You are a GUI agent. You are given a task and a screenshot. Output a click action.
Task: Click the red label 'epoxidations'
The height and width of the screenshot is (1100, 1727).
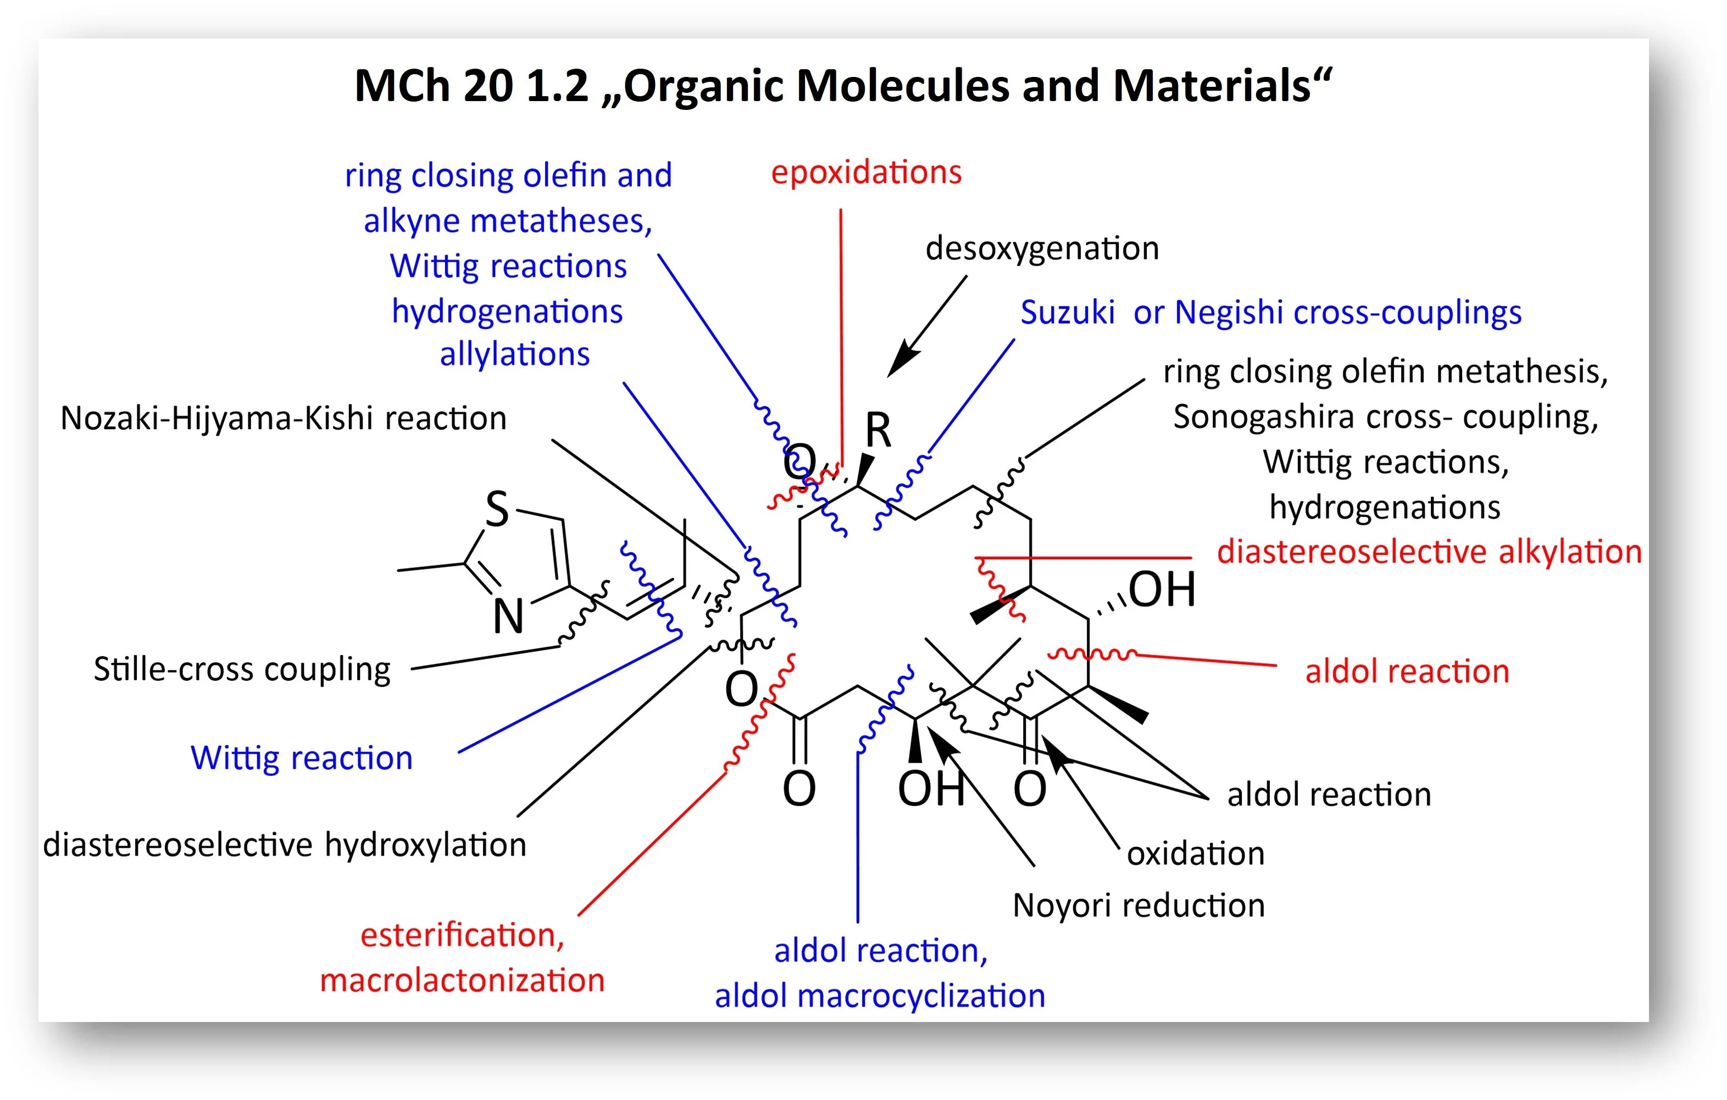(x=865, y=173)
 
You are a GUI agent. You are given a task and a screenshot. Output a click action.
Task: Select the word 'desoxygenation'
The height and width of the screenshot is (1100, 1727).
(x=1041, y=249)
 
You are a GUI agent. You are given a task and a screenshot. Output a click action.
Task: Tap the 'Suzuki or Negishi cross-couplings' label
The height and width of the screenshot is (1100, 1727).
(x=1270, y=313)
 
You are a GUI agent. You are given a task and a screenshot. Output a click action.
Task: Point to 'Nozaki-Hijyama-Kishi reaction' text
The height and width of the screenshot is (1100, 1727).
(x=284, y=418)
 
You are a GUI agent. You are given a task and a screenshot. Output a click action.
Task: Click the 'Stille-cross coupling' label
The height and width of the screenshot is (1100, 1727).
(x=242, y=669)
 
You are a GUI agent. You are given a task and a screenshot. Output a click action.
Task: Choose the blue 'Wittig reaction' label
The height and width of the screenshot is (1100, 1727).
(x=301, y=758)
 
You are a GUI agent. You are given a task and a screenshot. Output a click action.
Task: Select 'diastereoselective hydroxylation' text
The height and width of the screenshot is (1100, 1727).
(x=284, y=845)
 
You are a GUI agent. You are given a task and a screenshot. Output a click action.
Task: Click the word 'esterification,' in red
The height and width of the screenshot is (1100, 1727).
(x=462, y=935)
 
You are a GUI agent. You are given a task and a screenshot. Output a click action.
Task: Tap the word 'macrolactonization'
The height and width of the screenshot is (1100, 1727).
(x=462, y=980)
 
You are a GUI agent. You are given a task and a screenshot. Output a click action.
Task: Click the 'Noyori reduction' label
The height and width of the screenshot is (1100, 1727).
(x=1138, y=905)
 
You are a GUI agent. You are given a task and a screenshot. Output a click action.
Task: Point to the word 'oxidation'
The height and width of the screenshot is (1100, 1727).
(x=1195, y=854)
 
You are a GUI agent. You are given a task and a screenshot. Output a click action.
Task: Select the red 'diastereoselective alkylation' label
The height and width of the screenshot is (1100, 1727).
(x=1429, y=552)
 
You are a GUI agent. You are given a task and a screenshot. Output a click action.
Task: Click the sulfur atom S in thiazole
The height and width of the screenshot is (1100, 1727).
(x=497, y=509)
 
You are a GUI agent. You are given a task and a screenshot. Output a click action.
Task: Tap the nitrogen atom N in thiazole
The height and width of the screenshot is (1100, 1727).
(x=508, y=616)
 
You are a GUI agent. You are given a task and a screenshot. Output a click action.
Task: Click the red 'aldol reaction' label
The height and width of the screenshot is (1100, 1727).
(x=1407, y=672)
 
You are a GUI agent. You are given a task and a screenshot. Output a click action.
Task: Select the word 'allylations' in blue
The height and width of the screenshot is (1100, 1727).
(x=514, y=355)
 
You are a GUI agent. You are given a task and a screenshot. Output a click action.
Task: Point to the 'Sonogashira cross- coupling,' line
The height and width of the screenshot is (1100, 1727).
(x=1386, y=418)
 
